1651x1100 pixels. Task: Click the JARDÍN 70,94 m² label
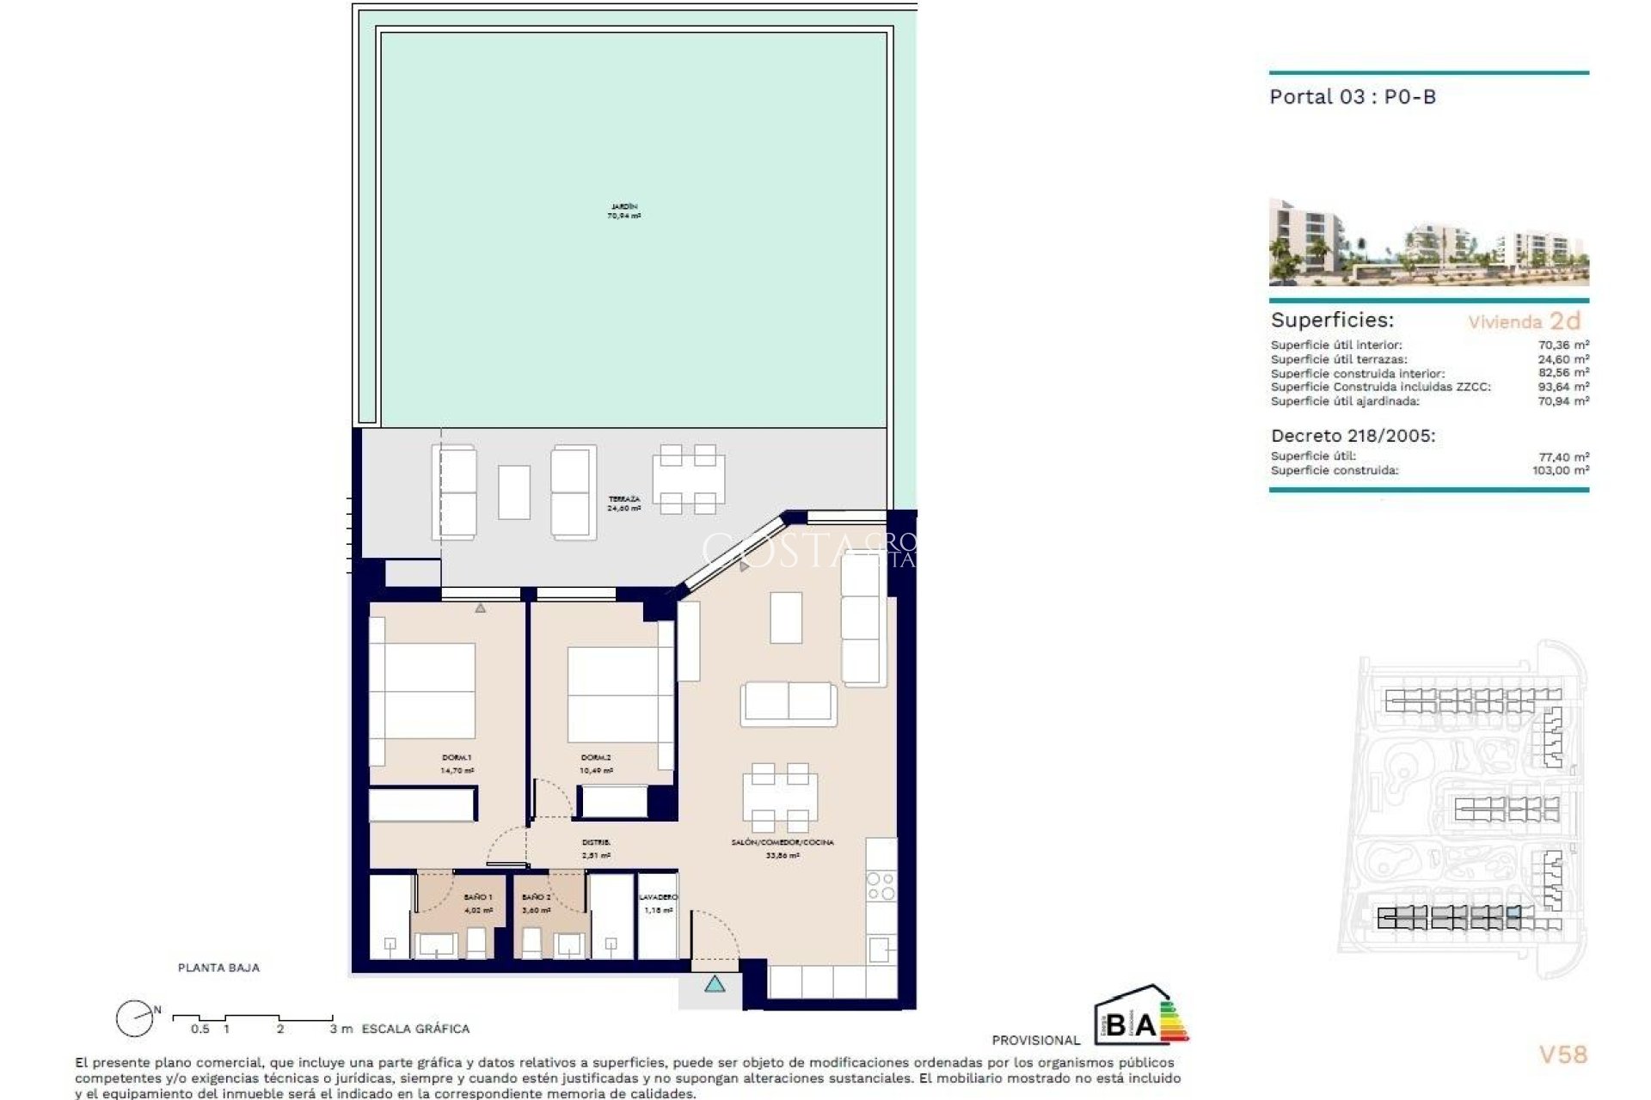[x=624, y=211]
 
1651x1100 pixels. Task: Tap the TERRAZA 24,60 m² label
[x=624, y=504]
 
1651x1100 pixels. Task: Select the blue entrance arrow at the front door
[x=715, y=984]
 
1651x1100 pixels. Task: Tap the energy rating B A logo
[x=1139, y=1016]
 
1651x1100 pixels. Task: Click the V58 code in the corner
[x=1562, y=1054]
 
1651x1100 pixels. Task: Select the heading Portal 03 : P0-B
[x=1353, y=97]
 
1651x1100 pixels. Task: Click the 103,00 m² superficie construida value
[x=1560, y=471]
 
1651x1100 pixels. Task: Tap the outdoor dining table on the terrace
[x=688, y=479]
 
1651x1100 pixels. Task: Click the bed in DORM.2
[x=612, y=694]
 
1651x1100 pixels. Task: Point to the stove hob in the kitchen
[x=881, y=886]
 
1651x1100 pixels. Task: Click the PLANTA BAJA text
[x=218, y=968]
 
